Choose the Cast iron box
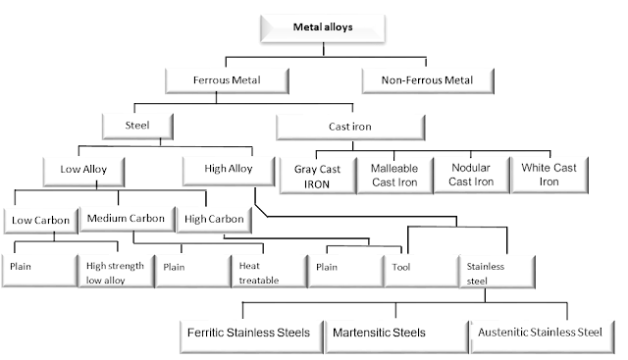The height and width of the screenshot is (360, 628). click(350, 127)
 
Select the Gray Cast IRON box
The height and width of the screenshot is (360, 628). click(315, 175)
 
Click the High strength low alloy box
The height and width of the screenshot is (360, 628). click(116, 271)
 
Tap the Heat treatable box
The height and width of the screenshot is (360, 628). click(268, 271)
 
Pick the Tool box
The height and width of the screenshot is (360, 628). click(420, 271)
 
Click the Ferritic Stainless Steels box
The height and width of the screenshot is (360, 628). click(250, 333)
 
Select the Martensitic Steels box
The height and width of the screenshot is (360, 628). click(394, 333)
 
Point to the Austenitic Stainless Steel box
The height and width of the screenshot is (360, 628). click(541, 333)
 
